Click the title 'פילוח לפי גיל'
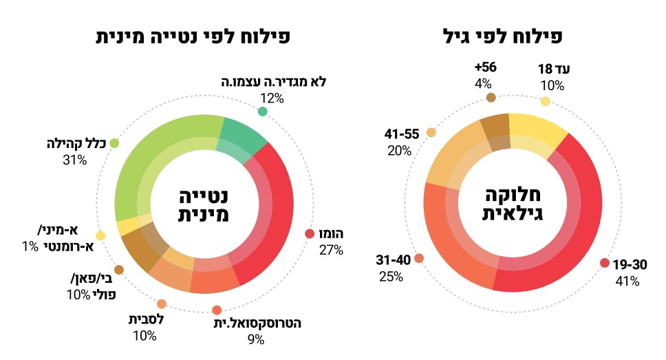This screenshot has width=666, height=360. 514,35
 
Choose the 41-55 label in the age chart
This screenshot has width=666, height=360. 400,133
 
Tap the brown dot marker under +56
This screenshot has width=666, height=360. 491,98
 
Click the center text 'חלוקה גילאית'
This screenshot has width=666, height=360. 514,203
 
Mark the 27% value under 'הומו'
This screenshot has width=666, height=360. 331,250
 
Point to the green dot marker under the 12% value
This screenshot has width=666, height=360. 262,112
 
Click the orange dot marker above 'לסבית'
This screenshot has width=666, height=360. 162,304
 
